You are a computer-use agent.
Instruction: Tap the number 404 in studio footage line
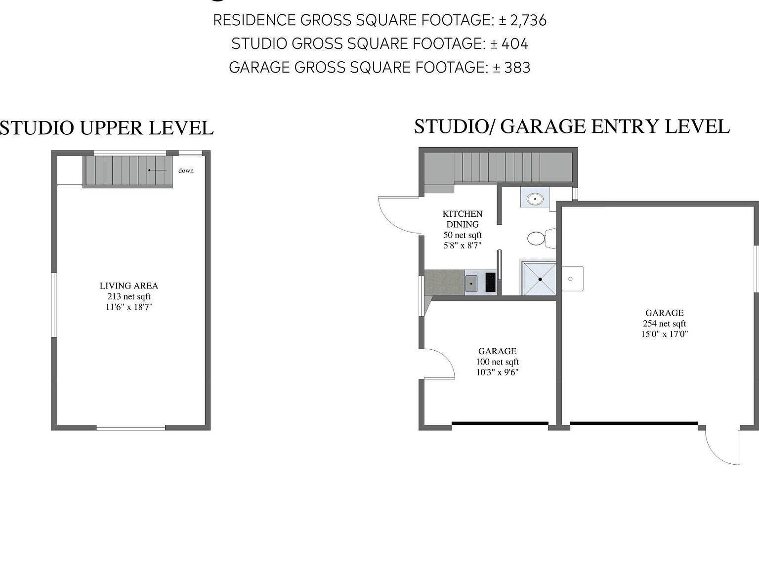coord(514,44)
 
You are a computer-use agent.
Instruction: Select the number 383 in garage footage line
coord(517,67)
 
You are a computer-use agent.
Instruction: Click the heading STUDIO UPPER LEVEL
coord(107,128)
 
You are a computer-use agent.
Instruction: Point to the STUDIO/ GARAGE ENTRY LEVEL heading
coord(572,126)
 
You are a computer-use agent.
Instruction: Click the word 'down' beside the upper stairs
coord(186,170)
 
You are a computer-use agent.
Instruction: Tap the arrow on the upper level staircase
coord(157,170)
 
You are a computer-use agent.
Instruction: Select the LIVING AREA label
coord(129,285)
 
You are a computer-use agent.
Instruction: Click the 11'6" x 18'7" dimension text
coord(129,307)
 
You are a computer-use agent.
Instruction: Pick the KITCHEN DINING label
coord(463,219)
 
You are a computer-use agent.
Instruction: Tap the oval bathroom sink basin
coord(534,199)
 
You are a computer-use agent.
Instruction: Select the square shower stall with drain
coord(540,279)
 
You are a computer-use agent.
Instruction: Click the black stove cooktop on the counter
coord(490,283)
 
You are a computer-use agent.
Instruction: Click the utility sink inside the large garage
coord(572,279)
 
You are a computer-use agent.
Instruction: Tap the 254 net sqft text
coord(664,324)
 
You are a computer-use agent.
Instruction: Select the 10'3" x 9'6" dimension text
coord(497,372)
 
